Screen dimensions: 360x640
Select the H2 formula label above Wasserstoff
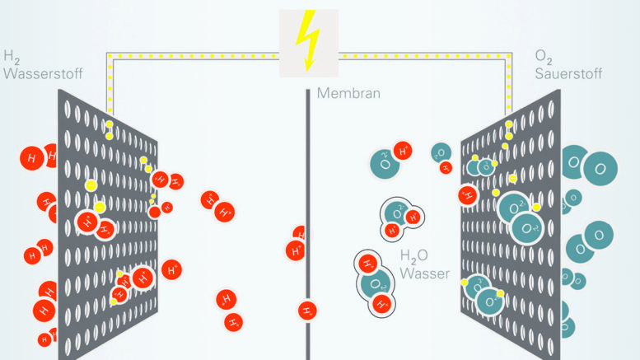[x=11, y=57]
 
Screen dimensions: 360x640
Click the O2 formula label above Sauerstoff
[x=542, y=57]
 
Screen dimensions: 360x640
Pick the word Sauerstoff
[x=568, y=72]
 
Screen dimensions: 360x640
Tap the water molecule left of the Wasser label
[x=374, y=283]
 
